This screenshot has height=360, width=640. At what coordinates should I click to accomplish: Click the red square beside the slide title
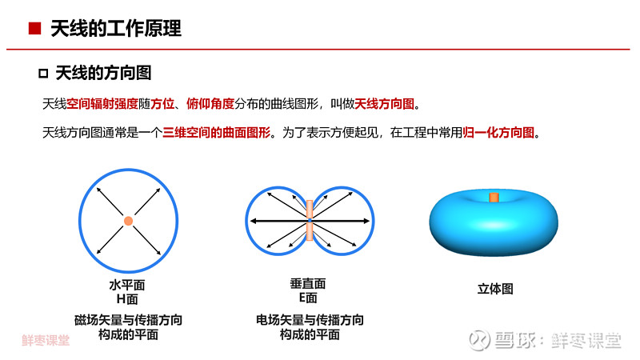(34, 28)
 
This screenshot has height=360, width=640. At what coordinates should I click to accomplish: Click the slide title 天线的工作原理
(116, 29)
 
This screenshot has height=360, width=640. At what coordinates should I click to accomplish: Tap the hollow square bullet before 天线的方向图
(43, 74)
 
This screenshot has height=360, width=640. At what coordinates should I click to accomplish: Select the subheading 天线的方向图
(104, 73)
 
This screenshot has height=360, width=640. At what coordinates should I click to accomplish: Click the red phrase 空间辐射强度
(102, 104)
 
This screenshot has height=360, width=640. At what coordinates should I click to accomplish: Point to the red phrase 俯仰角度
(210, 104)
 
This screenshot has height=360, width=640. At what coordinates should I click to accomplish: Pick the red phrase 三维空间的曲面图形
(216, 132)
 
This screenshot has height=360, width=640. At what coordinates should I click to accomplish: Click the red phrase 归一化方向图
(498, 132)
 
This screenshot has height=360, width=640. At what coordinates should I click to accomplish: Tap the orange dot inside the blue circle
(128, 221)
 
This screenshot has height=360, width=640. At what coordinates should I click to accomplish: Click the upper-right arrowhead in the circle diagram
(158, 190)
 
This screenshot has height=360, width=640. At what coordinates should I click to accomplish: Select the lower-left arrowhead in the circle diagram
(98, 251)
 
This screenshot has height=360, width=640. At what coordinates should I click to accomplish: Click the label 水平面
(127, 285)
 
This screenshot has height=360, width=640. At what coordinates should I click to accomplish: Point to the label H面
(127, 299)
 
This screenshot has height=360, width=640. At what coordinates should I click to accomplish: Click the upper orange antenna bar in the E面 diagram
(310, 209)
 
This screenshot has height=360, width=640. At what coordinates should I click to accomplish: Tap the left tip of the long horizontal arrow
(251, 221)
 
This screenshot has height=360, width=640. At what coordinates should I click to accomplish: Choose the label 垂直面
(308, 283)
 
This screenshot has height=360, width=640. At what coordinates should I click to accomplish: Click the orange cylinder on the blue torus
(494, 198)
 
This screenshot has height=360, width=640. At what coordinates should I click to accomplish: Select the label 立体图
(495, 289)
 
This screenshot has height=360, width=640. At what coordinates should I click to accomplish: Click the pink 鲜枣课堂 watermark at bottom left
(46, 340)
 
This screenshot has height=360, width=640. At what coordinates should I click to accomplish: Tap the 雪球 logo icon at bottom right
(479, 339)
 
